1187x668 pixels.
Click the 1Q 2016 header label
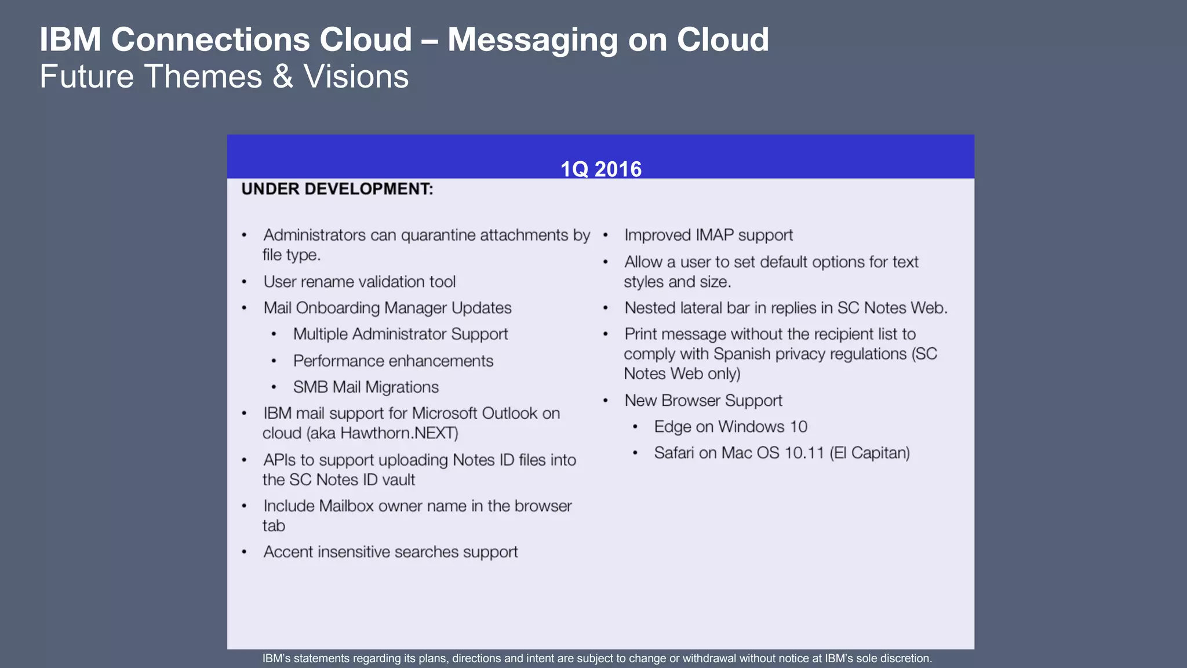pos(600,169)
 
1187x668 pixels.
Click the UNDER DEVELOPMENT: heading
pos(337,189)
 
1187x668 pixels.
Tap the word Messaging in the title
pos(533,40)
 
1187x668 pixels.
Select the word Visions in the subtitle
pos(356,77)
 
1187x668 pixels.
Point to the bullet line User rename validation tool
pos(359,282)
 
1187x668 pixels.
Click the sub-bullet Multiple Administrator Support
pos(400,334)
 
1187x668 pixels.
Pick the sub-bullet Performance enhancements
pos(393,361)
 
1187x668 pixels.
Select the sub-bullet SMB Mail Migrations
pos(366,387)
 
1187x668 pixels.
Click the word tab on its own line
pos(274,526)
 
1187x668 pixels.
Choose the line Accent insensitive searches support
pos(390,552)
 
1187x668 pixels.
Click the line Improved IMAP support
pos(708,235)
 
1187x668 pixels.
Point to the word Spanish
pos(744,354)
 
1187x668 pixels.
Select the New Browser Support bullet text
pos(703,401)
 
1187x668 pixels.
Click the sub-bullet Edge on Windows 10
pos(730,427)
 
